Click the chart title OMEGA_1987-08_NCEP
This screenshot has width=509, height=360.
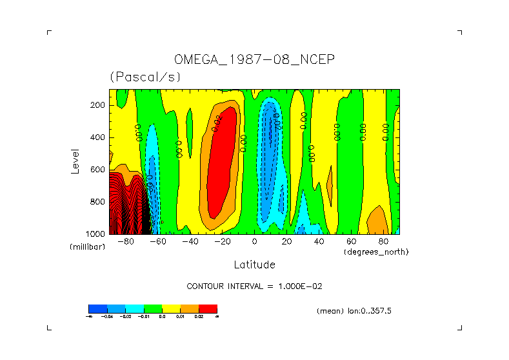click(x=254, y=60)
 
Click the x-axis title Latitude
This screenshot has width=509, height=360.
click(x=254, y=265)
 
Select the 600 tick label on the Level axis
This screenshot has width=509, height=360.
click(x=98, y=170)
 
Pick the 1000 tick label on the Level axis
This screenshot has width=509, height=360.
click(x=96, y=234)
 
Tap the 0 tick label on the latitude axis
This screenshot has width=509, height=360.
click(x=255, y=242)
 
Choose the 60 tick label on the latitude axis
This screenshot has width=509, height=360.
click(x=352, y=242)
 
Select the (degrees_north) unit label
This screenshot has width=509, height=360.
click(x=376, y=252)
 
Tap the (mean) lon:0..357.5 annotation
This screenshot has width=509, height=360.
click(x=354, y=311)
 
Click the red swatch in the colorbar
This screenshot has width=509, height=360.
click(x=208, y=309)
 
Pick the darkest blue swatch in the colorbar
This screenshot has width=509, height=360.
click(x=97, y=309)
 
